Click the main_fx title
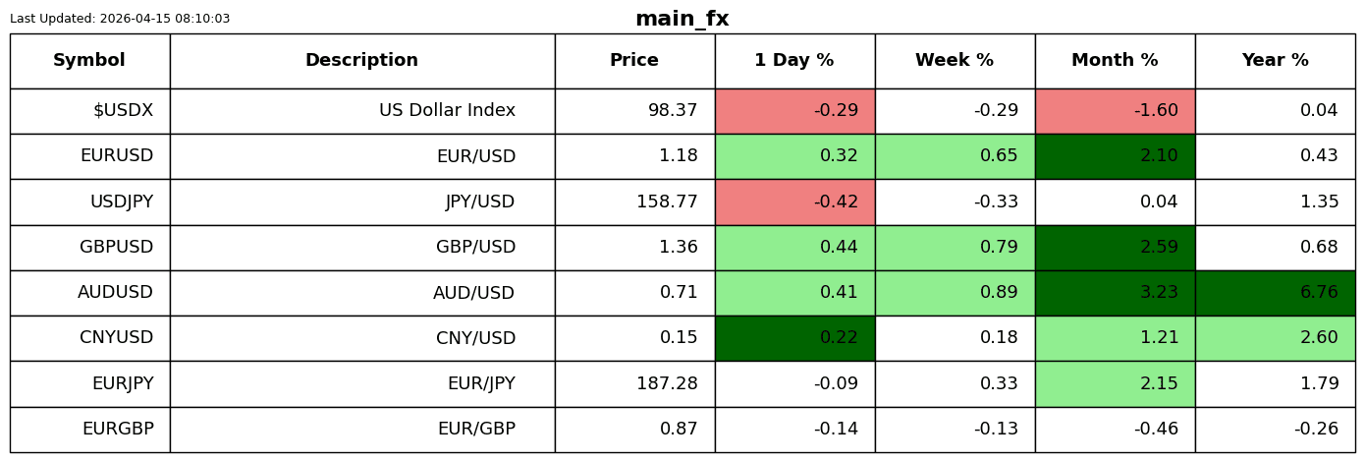682,19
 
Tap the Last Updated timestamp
120,19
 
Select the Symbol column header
89,60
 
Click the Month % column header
1115,60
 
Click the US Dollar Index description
447,110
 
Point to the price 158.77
667,202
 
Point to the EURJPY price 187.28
667,383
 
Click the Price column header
634,60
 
